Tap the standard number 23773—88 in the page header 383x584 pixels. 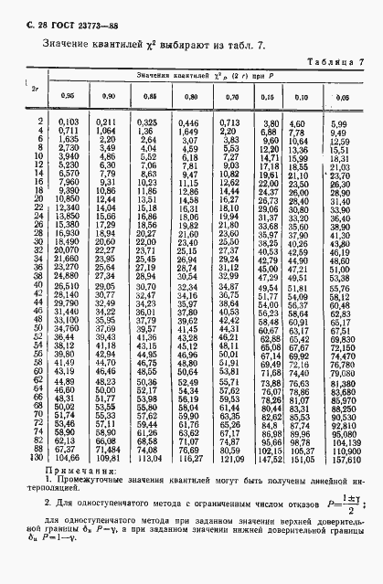click(88, 10)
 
